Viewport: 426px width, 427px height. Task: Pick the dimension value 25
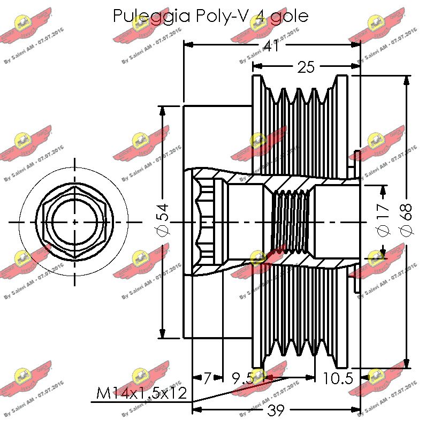tap(305, 67)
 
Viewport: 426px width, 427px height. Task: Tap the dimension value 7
tap(208, 379)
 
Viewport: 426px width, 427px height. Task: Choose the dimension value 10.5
tap(338, 379)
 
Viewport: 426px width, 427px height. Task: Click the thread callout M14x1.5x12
tap(142, 394)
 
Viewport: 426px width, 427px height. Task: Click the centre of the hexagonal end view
tap(74, 222)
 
